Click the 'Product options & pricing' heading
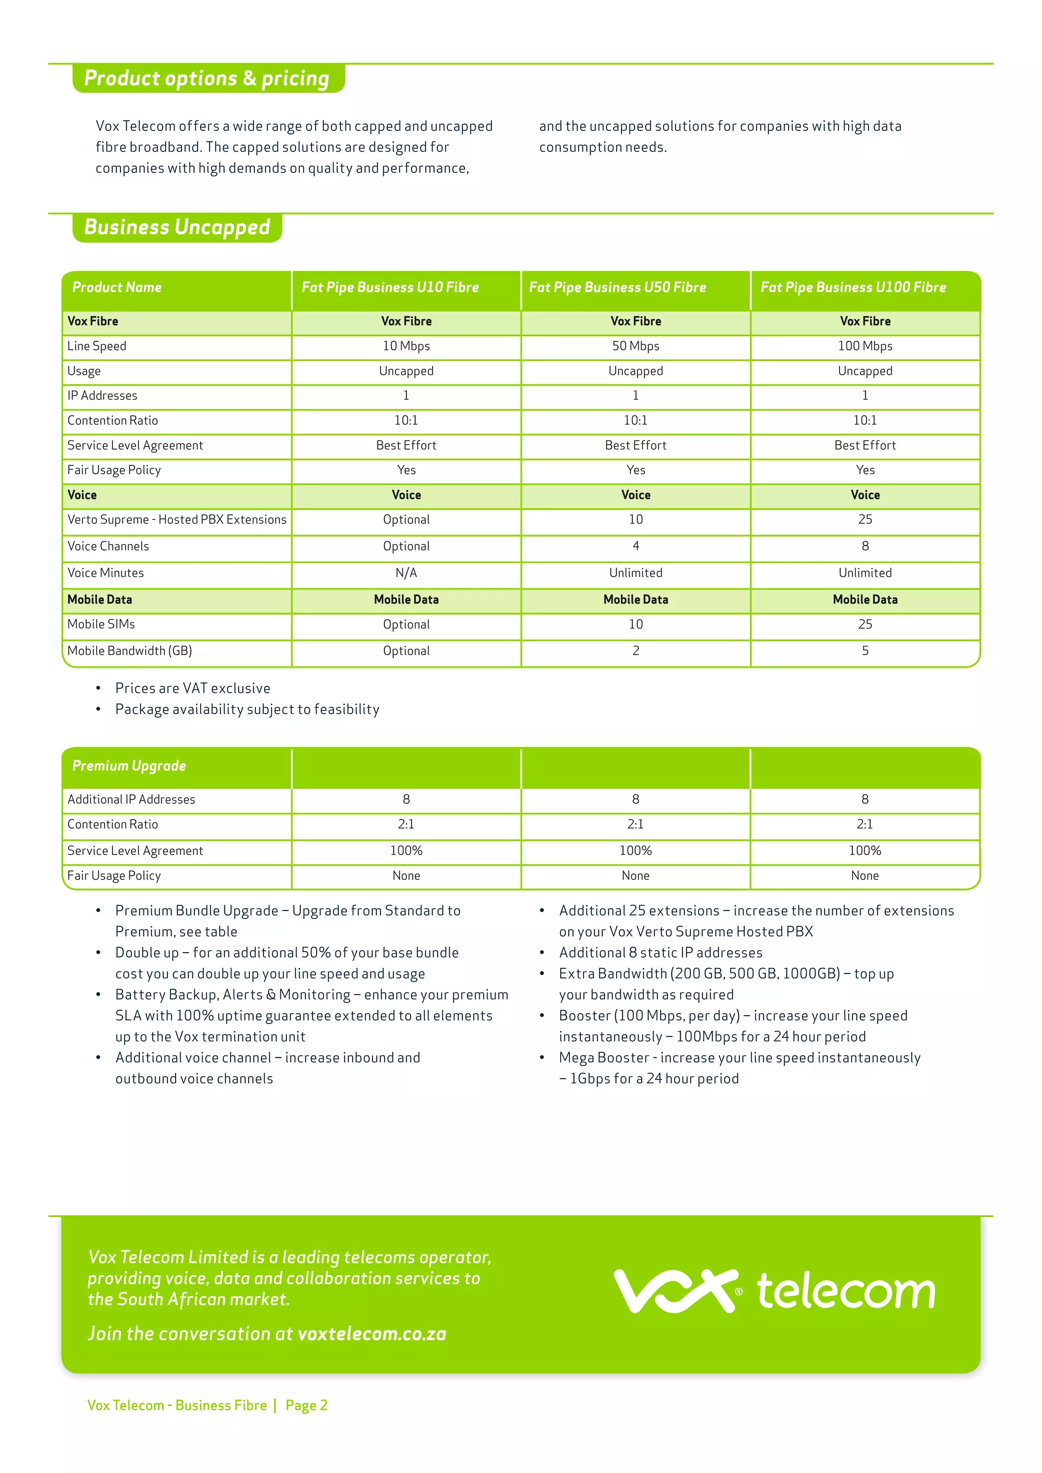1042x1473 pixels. (x=207, y=78)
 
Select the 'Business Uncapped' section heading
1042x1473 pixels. (x=177, y=227)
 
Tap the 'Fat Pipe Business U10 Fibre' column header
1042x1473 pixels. (x=390, y=287)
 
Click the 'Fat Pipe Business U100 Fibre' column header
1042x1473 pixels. (x=853, y=287)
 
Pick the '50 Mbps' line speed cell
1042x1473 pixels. (x=635, y=346)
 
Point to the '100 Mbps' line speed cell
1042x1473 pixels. (x=865, y=346)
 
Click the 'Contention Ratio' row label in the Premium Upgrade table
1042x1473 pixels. (x=112, y=824)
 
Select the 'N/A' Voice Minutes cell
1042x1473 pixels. (x=406, y=573)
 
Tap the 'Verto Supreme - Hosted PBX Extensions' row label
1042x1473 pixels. (x=177, y=520)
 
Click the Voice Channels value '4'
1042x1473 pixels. (x=635, y=546)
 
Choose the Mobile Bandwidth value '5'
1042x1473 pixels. (x=865, y=651)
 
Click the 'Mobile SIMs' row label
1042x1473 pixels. (x=101, y=624)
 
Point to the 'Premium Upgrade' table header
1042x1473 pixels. (x=129, y=766)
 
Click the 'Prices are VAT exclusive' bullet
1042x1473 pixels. (x=192, y=688)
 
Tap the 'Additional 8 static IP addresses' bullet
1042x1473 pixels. (x=660, y=953)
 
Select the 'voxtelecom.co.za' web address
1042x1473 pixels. (x=371, y=1334)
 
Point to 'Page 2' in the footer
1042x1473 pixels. (x=306, y=1406)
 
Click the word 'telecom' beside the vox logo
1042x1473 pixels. (x=846, y=1291)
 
